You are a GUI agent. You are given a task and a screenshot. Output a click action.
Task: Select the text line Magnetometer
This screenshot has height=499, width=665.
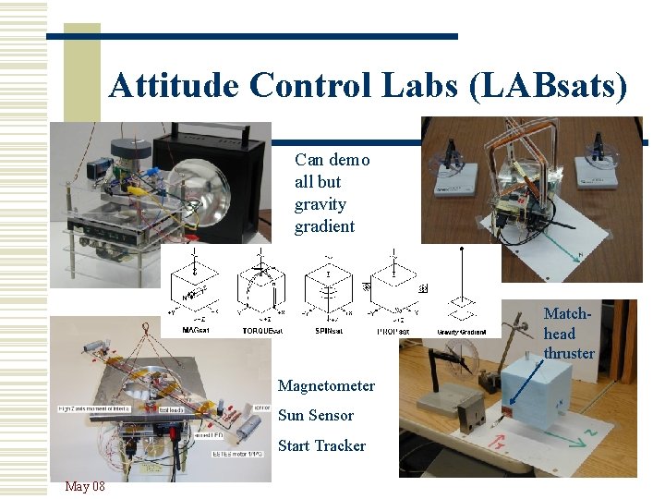coord(326,385)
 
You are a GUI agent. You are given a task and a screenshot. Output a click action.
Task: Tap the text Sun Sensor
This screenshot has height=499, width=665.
coord(315,415)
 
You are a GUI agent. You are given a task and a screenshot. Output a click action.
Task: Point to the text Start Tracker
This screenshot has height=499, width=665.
coord(321,445)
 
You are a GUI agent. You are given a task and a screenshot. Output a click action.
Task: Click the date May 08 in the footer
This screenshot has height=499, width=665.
coord(85,486)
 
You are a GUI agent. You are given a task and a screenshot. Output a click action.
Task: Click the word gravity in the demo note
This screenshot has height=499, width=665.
coord(320,204)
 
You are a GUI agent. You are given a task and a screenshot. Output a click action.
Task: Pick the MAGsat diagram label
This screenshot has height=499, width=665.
coord(194,330)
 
